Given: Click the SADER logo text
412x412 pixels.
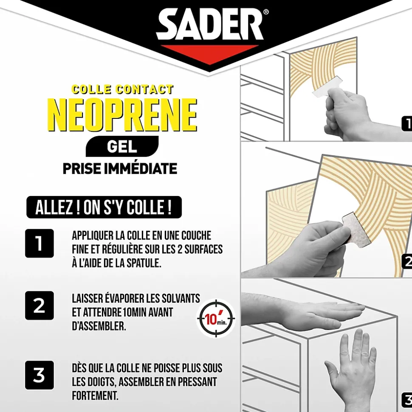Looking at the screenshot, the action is [210, 24].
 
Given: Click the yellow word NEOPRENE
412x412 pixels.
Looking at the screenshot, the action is [122, 115].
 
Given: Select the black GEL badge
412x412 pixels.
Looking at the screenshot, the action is [122, 146].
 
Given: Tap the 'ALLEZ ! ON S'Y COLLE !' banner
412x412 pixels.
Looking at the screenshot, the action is [104, 207].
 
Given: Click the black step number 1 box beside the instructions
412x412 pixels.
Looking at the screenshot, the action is [40, 243].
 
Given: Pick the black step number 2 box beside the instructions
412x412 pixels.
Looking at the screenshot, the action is [40, 305].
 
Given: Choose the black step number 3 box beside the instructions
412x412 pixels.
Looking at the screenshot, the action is [40, 375].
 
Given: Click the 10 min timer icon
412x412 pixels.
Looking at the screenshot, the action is [216, 318].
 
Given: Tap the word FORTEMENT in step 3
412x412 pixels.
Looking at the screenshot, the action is [95, 396].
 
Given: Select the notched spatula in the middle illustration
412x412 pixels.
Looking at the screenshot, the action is [356, 230].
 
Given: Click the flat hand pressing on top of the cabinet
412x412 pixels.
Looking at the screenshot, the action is [302, 311].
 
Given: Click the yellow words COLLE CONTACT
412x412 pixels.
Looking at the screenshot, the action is [123, 90].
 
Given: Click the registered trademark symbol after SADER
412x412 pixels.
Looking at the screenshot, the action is [266, 12].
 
